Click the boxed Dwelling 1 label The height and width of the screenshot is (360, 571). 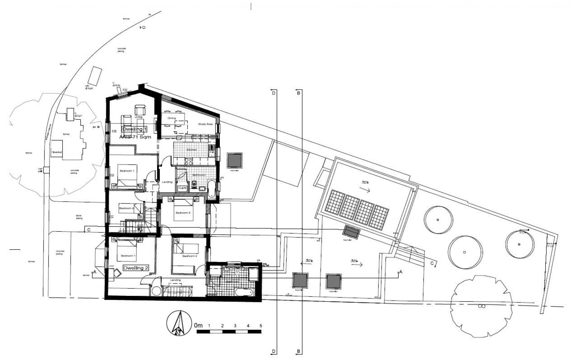(135, 129)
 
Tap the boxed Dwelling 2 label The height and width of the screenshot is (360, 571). (136, 268)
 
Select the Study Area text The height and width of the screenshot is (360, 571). (205, 124)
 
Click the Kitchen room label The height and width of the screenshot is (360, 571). (192, 150)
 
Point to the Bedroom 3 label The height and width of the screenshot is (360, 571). (183, 213)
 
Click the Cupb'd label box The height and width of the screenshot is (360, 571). (182, 188)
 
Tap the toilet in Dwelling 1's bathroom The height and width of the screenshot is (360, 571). (194, 184)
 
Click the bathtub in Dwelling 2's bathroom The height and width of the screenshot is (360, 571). (243, 292)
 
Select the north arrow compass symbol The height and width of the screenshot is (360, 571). (179, 323)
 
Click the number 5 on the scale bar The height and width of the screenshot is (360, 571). (261, 326)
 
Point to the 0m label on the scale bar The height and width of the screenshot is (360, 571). (198, 326)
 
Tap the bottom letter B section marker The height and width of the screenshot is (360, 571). (299, 352)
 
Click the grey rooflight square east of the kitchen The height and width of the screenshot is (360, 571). (235, 161)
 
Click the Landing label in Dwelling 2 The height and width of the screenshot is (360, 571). (175, 280)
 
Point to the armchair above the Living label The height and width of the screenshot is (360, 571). (140, 110)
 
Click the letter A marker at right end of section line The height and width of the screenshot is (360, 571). (401, 272)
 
